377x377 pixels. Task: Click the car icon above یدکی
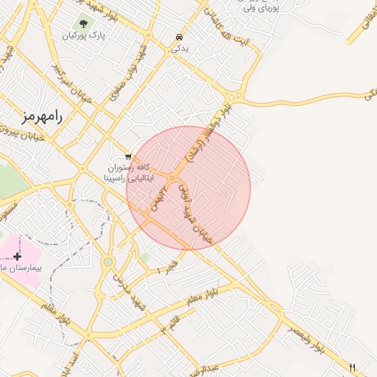point(179,37)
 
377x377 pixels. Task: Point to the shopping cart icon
point(129,156)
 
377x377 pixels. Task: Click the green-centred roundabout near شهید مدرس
point(108,261)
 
